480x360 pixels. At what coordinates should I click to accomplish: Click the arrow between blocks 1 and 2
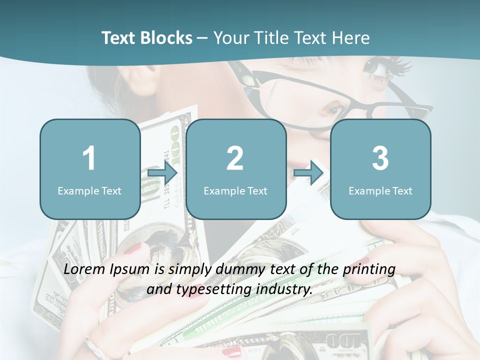162,173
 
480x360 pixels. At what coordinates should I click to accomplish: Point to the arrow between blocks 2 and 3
308,173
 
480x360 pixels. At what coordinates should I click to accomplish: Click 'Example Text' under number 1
89,190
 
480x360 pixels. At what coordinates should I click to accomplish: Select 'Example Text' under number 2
235,190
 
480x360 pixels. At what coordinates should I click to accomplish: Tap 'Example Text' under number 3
380,190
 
